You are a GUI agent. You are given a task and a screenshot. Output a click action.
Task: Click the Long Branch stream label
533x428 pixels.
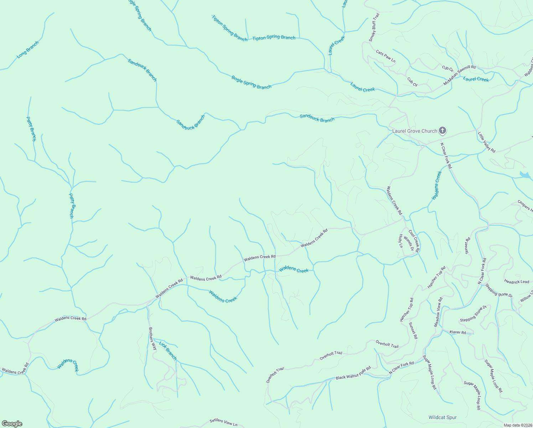(x=27, y=50)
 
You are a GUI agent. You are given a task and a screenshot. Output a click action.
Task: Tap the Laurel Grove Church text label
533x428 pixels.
(x=414, y=131)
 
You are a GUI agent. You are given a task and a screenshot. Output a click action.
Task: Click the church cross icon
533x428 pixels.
(x=442, y=131)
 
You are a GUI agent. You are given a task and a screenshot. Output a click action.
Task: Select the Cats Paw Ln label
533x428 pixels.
(x=385, y=56)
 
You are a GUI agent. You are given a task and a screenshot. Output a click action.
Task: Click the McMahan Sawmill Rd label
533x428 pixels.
(x=459, y=75)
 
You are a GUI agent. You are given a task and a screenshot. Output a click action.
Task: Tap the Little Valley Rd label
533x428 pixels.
(x=486, y=142)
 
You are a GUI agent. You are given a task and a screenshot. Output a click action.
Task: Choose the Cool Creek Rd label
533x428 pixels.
(x=414, y=241)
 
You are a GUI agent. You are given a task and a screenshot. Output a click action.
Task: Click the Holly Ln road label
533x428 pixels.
(x=400, y=241)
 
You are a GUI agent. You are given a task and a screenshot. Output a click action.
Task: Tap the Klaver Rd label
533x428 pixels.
(x=458, y=332)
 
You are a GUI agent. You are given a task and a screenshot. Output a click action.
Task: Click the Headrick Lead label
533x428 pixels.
(x=517, y=281)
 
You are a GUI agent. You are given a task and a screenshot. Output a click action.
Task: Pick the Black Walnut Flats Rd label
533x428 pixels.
(x=353, y=373)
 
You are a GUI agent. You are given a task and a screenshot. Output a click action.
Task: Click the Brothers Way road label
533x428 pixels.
(x=152, y=338)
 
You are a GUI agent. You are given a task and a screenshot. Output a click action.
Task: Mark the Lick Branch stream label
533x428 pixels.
(x=168, y=351)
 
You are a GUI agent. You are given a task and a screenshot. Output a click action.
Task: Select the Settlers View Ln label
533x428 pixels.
(x=223, y=422)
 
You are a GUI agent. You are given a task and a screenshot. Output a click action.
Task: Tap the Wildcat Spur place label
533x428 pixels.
(x=443, y=417)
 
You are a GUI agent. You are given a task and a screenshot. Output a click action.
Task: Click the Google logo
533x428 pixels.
(x=12, y=424)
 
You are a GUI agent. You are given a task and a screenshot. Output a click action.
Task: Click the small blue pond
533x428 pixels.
(x=525, y=175)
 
